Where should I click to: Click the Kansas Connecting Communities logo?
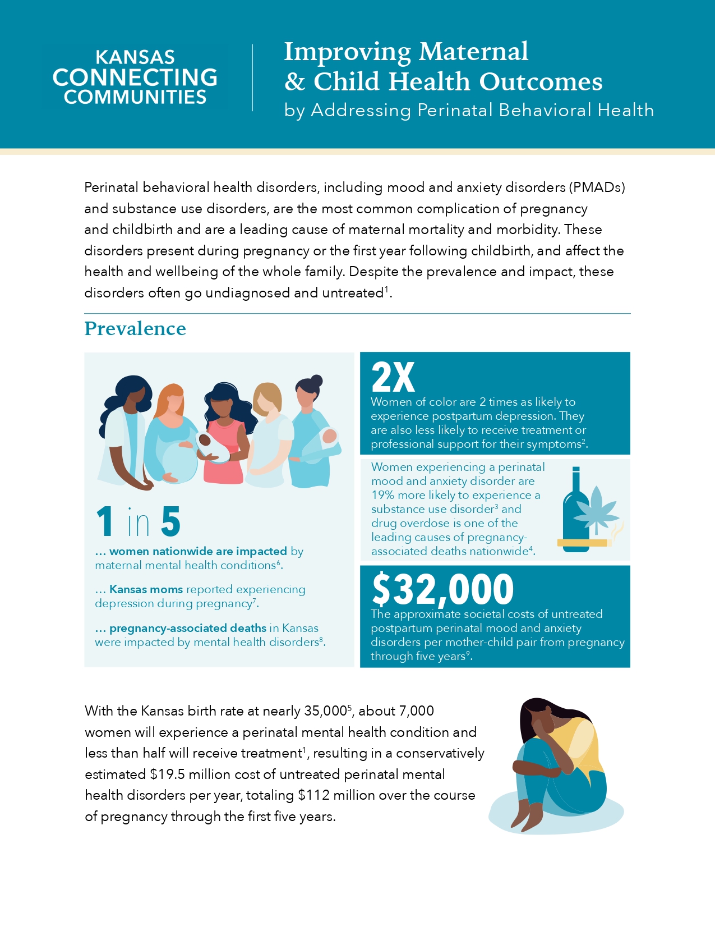(x=135, y=77)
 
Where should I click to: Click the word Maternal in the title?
(x=473, y=52)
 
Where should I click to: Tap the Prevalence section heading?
(x=135, y=329)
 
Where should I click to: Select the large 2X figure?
(x=393, y=378)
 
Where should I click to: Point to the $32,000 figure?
(x=443, y=589)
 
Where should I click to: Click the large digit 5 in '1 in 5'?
(x=171, y=522)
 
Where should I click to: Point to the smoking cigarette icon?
(x=583, y=542)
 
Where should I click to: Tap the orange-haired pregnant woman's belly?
(x=178, y=461)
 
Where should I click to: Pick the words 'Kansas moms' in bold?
(x=146, y=589)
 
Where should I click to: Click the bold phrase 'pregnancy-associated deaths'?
(x=188, y=628)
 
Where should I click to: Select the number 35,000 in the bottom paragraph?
(x=325, y=711)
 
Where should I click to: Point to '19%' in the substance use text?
(x=384, y=495)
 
